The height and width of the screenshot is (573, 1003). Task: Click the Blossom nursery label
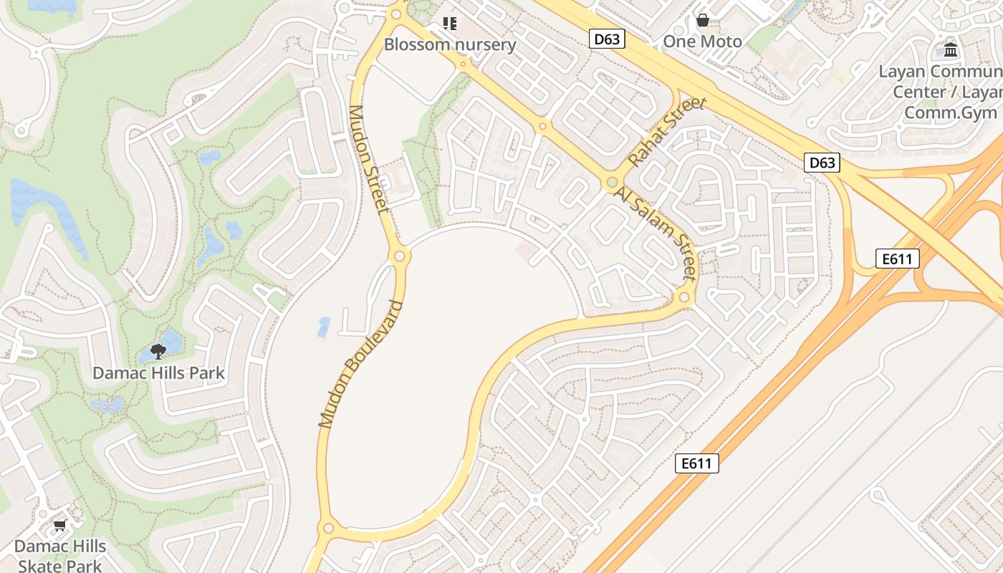[x=450, y=44]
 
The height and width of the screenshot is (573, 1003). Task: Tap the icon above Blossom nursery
[x=450, y=24]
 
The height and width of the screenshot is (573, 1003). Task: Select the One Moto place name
[x=702, y=42]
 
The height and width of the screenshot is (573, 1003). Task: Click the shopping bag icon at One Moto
[x=703, y=20]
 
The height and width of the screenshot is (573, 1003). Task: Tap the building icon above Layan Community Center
[x=951, y=49]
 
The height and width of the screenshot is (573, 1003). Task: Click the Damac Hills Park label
[x=158, y=373]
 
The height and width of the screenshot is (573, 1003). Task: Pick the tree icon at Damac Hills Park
[x=158, y=351]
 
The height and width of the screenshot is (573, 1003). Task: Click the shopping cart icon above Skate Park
[x=60, y=526]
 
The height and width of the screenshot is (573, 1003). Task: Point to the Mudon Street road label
[x=368, y=159]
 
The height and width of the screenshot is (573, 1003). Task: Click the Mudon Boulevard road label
[x=360, y=365]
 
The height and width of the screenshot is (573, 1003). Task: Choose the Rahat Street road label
[x=667, y=133]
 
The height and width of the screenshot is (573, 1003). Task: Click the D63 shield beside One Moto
[x=607, y=39]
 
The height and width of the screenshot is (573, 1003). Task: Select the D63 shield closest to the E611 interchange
[x=821, y=163]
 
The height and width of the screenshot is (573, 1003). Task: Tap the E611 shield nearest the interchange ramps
[x=897, y=259]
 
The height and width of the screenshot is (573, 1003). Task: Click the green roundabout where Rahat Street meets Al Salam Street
[x=611, y=183]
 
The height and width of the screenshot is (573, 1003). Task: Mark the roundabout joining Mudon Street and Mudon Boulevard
[x=399, y=256]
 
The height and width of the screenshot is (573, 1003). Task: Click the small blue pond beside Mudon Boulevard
[x=324, y=327]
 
